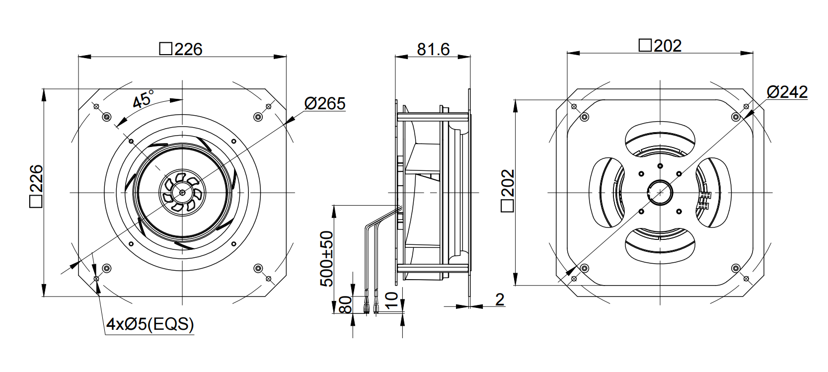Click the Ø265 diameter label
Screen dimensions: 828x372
[x=325, y=103]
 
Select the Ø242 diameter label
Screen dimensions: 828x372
[x=787, y=92]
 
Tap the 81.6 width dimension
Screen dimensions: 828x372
[x=433, y=49]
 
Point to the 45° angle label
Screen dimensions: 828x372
[x=143, y=98]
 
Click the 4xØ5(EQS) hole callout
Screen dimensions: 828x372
[x=150, y=325]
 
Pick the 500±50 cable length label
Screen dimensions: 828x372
[x=326, y=259]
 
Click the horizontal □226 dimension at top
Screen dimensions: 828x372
[x=181, y=49]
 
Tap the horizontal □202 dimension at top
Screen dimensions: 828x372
[x=660, y=46]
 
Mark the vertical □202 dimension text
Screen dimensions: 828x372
[x=507, y=191]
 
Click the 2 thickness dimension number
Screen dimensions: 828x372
[x=499, y=299]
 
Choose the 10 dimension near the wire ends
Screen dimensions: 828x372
[x=391, y=300]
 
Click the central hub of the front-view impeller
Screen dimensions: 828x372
[x=182, y=192]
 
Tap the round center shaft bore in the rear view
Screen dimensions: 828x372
[x=660, y=192]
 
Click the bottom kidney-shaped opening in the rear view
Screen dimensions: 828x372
[x=660, y=245]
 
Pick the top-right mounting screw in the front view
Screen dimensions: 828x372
[x=258, y=117]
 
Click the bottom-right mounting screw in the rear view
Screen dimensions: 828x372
[x=736, y=268]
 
